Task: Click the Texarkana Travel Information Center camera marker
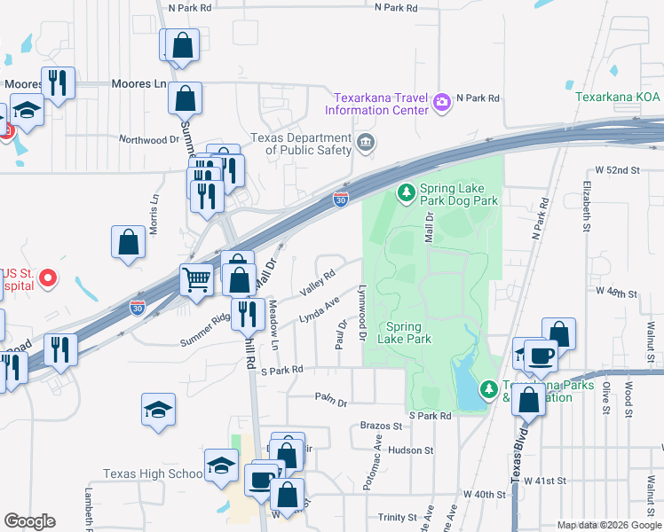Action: (x=441, y=104)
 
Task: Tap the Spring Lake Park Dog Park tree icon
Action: (x=406, y=192)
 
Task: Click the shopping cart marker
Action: (x=197, y=279)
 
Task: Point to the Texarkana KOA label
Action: (x=617, y=97)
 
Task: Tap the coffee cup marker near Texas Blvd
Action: (x=541, y=356)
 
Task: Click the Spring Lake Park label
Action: (x=404, y=332)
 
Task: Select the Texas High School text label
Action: (x=153, y=473)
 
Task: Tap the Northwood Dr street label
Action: (x=149, y=139)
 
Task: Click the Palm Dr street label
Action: (x=330, y=400)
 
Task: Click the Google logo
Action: (x=29, y=521)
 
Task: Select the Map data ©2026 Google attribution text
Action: (x=609, y=525)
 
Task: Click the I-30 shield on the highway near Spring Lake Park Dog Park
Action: (x=341, y=200)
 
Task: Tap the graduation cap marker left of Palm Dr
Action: (x=158, y=410)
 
